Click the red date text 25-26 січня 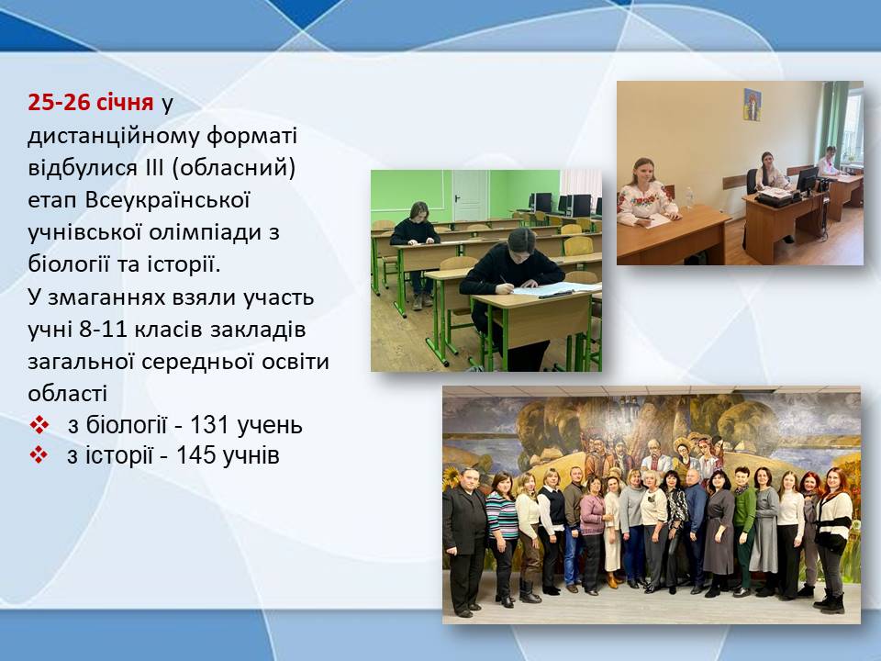[x=91, y=102]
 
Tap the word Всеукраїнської [x=167, y=200]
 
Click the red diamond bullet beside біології [x=39, y=425]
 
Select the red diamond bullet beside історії [x=39, y=455]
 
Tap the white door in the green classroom [x=471, y=196]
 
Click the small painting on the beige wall [x=753, y=105]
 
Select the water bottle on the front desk [x=689, y=198]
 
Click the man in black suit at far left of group [x=465, y=542]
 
